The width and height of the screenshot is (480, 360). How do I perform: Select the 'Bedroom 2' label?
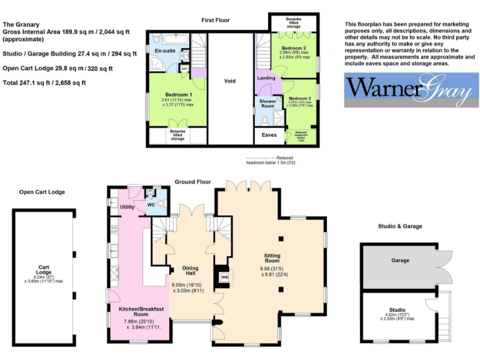[292, 47]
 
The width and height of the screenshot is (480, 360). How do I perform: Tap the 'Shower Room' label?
[267, 103]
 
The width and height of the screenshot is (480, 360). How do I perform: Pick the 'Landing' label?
[265, 78]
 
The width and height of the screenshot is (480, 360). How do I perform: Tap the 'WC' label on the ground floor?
[151, 204]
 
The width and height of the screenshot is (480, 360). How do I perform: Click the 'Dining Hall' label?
[190, 271]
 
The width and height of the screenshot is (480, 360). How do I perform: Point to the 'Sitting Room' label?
[272, 257]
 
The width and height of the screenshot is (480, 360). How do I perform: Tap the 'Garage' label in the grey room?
[400, 261]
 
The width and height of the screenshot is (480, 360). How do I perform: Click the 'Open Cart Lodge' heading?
[42, 192]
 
